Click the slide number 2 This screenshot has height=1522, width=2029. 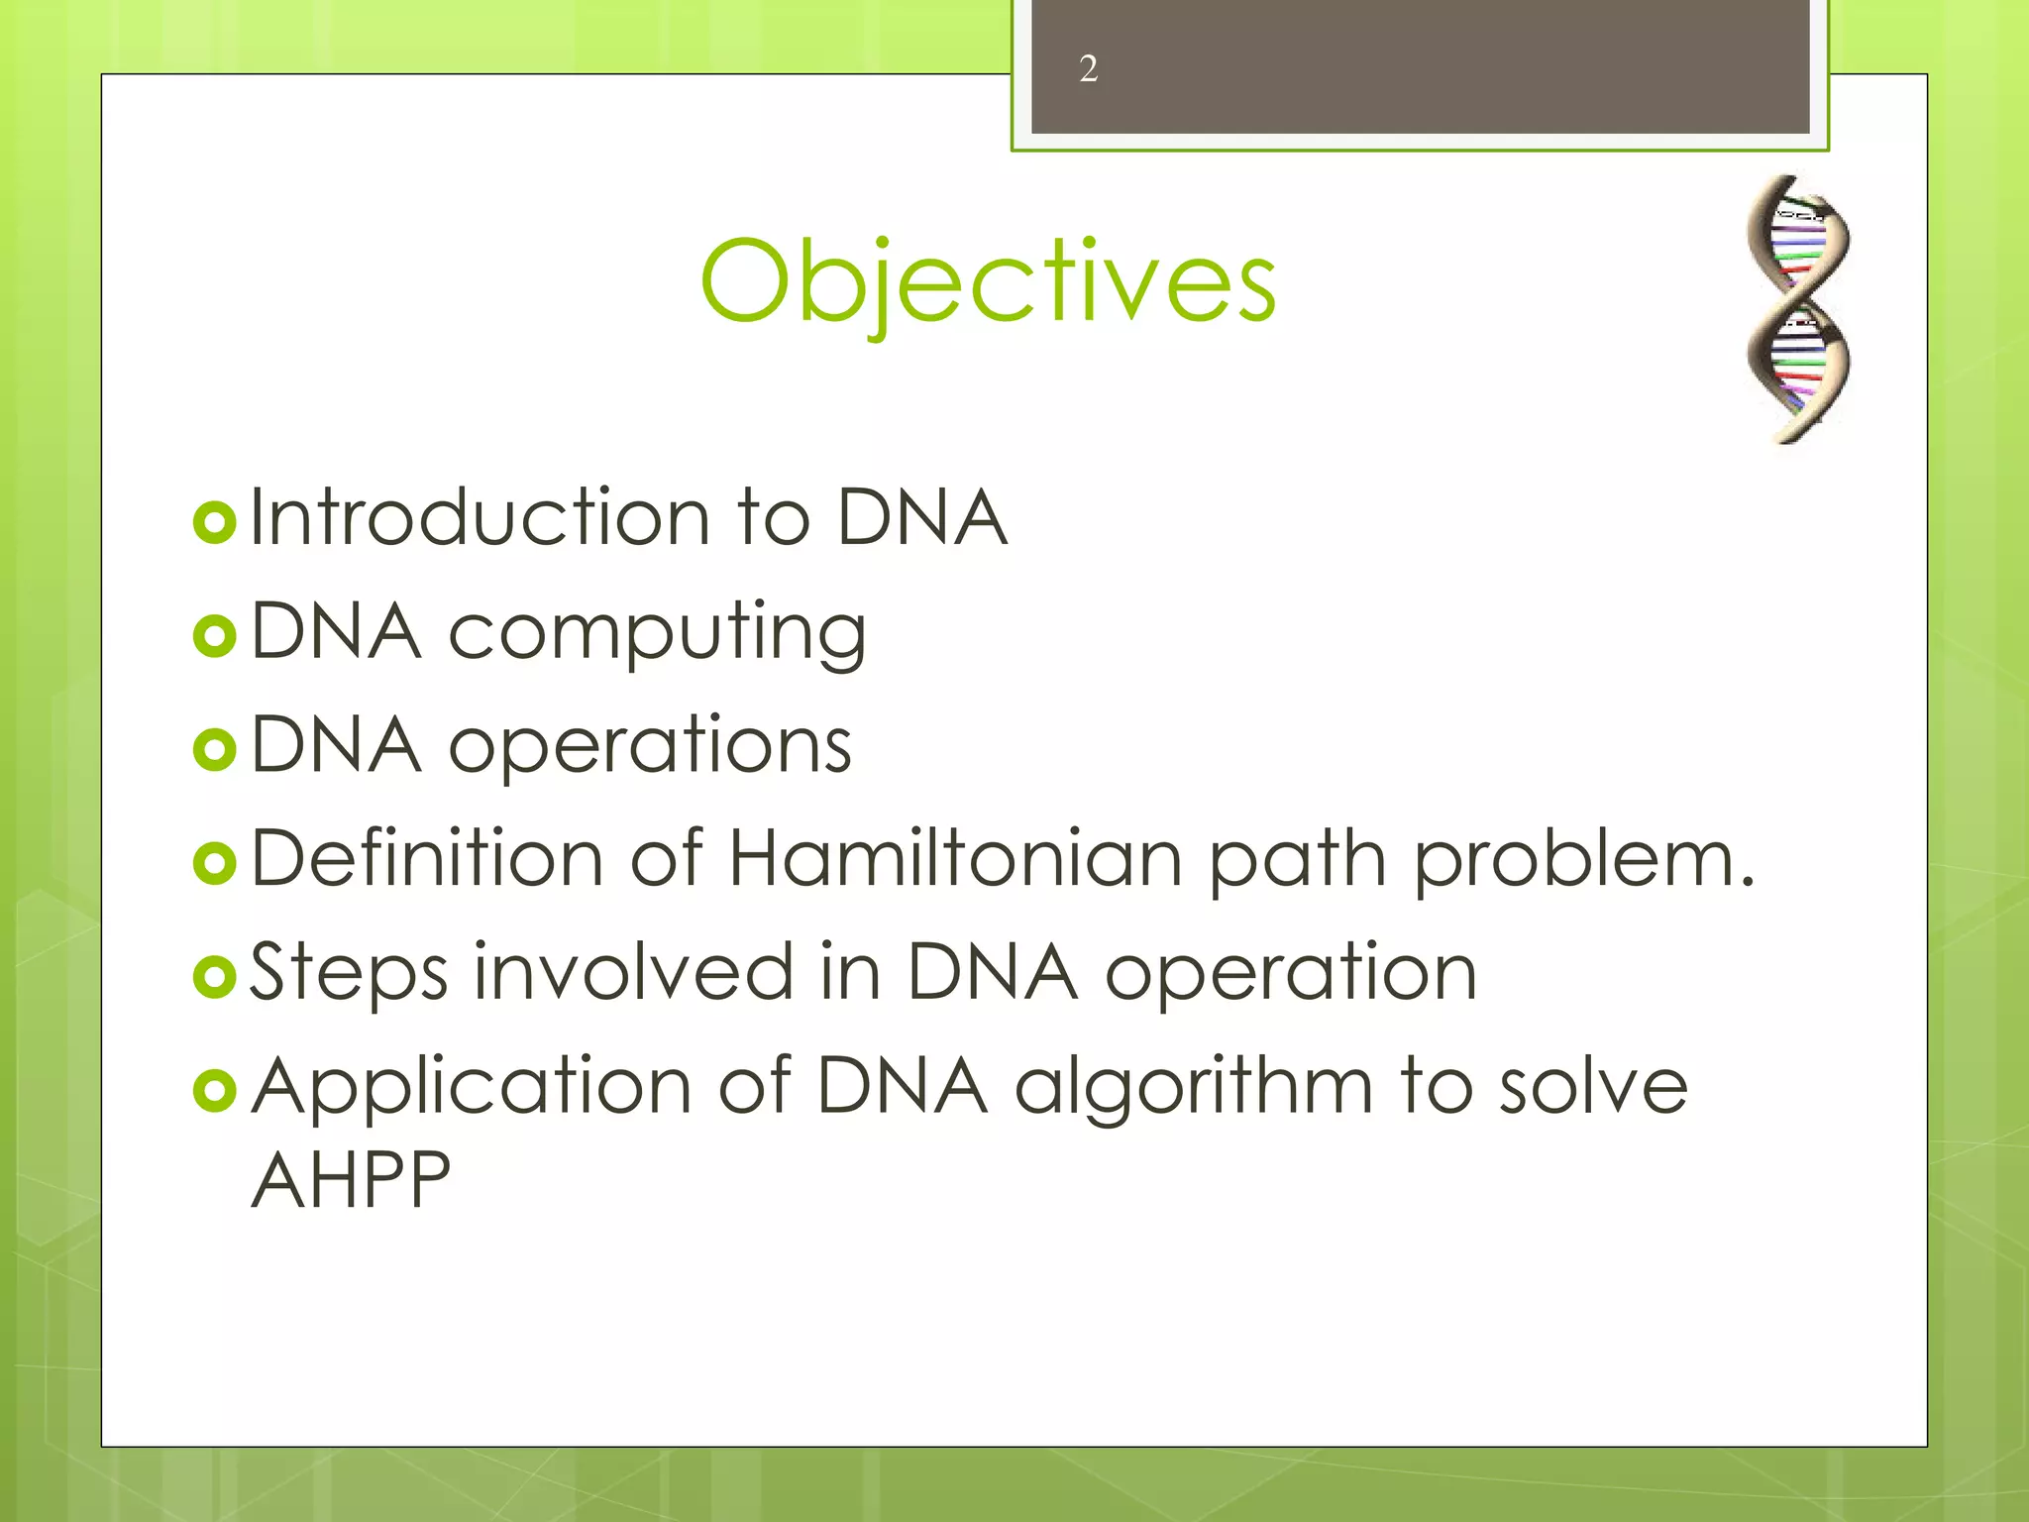[x=1088, y=69]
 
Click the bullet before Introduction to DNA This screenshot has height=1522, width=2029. [x=215, y=522]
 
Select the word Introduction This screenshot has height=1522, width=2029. [x=480, y=517]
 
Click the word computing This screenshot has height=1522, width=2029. [x=657, y=634]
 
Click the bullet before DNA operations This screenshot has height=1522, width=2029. [x=215, y=749]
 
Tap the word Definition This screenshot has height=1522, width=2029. [x=427, y=858]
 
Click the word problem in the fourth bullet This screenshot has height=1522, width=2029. [x=1581, y=860]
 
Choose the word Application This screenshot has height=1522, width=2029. [x=471, y=1088]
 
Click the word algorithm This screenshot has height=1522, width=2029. [x=1193, y=1088]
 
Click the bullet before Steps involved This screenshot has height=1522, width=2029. [x=215, y=977]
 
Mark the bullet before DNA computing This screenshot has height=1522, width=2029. [x=215, y=636]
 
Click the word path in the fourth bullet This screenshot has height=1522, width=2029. [x=1296, y=860]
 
